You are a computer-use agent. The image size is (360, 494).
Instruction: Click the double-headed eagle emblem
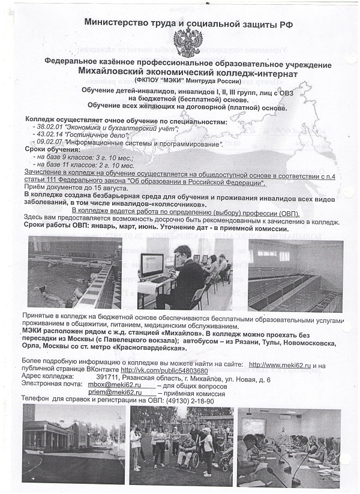[x=188, y=41]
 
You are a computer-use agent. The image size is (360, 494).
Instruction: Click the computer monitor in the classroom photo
[x=152, y=265]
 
